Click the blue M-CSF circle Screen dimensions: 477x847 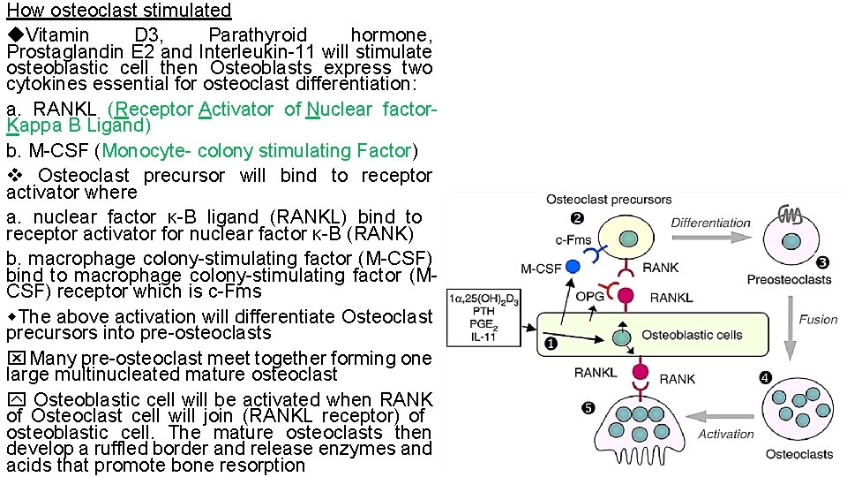(573, 266)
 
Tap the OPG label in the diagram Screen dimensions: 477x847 (589, 296)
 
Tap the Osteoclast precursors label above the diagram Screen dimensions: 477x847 (609, 200)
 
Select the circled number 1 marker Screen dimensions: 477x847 (551, 344)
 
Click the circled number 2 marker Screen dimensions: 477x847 (576, 218)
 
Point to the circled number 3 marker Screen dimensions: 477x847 (821, 262)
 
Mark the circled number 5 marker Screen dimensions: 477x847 (588, 407)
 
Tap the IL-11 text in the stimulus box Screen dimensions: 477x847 (483, 337)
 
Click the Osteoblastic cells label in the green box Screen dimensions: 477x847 (692, 335)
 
